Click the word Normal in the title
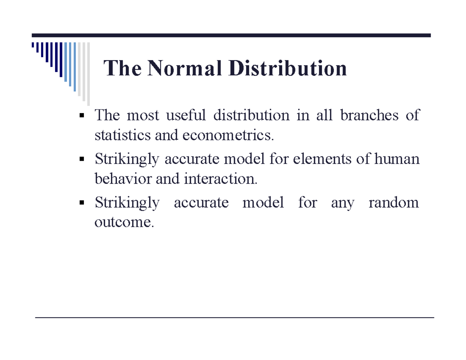pyautogui.click(x=184, y=69)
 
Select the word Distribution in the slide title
pyautogui.click(x=287, y=69)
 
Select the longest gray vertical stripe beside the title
pyautogui.click(x=88, y=74)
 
